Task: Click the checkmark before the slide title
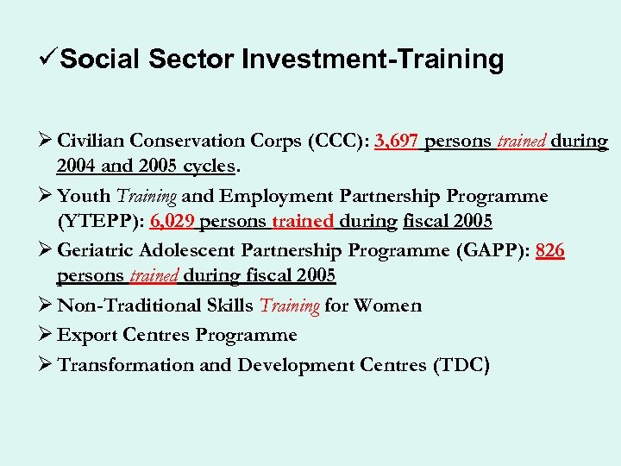tap(51, 59)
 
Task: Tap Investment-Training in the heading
tap(373, 60)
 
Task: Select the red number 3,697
tap(398, 142)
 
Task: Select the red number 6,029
tap(172, 221)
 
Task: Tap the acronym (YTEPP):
tap(100, 221)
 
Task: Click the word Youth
tap(84, 196)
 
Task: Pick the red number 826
tap(550, 251)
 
